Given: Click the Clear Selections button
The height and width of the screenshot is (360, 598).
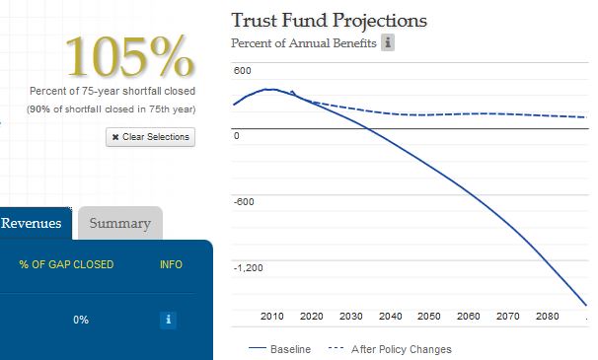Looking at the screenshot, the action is [150, 137].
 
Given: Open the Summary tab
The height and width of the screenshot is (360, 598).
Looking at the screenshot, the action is [120, 223].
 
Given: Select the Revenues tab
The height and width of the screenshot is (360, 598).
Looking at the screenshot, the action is [32, 223].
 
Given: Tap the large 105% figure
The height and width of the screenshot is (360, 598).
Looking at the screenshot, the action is [130, 56].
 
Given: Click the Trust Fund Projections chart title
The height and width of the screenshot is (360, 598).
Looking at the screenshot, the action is [330, 21].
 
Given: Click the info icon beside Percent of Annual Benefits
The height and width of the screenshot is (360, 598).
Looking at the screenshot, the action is [388, 42].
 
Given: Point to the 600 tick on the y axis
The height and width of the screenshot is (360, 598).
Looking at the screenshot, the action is [243, 71].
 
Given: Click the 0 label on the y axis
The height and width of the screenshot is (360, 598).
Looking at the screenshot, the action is [237, 136].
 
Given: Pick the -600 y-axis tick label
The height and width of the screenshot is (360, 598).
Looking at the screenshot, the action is [244, 202].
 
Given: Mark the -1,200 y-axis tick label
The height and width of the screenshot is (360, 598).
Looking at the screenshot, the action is [249, 267].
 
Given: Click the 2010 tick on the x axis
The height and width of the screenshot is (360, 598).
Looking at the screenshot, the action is [272, 317].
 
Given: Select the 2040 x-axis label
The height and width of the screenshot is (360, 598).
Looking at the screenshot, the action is [390, 317].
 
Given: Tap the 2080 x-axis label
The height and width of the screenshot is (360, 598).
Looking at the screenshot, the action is [548, 317].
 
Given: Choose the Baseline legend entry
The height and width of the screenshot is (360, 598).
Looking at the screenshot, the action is [279, 349].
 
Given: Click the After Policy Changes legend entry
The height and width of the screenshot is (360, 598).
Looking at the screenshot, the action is [390, 349].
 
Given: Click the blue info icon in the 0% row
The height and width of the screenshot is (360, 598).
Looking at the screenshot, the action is [168, 320].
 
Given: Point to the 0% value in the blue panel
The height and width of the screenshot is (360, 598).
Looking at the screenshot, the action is [81, 320].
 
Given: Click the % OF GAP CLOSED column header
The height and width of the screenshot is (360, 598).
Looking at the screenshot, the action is [66, 264].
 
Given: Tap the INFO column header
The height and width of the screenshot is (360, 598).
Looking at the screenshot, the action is [171, 264].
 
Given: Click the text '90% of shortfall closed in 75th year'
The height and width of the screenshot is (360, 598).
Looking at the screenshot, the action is [111, 109].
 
